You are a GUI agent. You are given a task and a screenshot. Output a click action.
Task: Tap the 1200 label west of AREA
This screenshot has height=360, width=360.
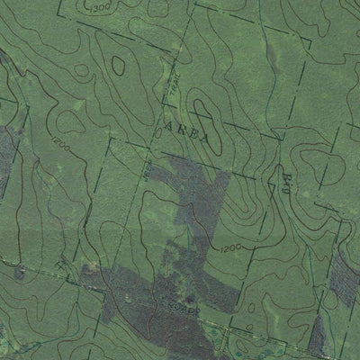point(61,144)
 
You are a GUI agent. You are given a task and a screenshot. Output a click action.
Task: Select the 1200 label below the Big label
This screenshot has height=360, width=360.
point(228,245)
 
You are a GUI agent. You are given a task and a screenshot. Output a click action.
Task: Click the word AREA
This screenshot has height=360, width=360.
point(190,132)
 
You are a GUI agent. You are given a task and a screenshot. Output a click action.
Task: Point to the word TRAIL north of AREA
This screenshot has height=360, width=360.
point(169,89)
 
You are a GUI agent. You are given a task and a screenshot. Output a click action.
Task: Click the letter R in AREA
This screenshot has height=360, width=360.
point(180,131)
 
